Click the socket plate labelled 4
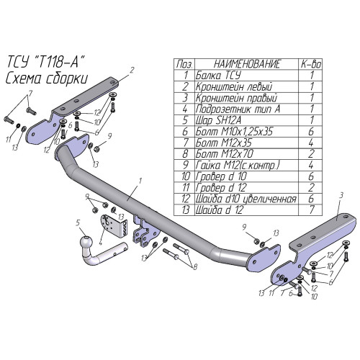[114, 225]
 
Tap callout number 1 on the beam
[140, 181]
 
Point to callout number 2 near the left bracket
[132, 70]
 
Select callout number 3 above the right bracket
[341, 196]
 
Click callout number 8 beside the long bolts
[195, 266]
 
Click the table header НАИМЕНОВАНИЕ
[247, 64]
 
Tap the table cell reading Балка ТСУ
[218, 76]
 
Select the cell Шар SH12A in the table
[218, 120]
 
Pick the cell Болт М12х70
[225, 154]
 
